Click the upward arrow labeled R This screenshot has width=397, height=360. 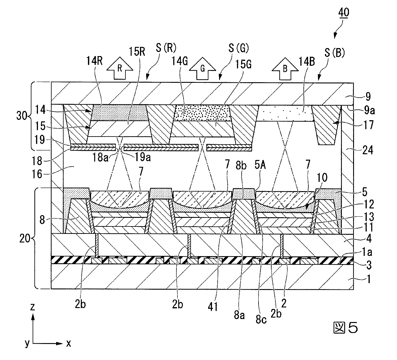120,68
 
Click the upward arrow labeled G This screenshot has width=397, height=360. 203,69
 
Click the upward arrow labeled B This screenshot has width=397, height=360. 285,69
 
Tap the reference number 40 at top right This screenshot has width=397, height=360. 344,13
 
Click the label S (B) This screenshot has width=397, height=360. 335,53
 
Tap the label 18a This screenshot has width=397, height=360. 100,158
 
